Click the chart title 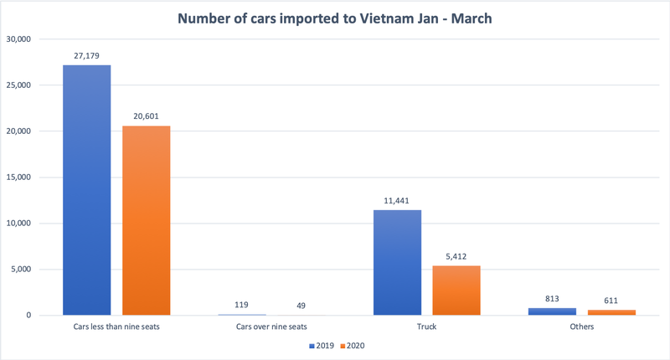coord(335,18)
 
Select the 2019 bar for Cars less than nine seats coord(86,189)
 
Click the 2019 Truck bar coord(397,262)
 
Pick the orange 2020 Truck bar coord(456,290)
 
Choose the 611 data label coord(611,300)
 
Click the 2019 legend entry coord(321,345)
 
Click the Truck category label coord(426,327)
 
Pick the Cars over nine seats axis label coord(271,327)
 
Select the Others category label coord(581,327)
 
